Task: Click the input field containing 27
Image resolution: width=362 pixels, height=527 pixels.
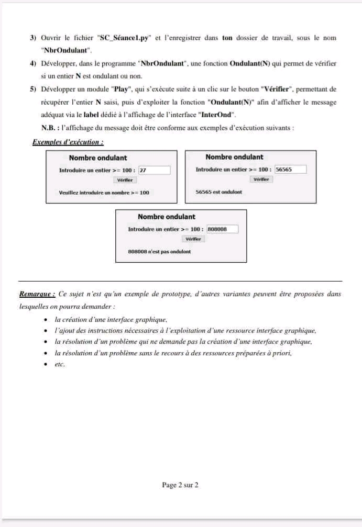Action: pyautogui.click(x=155, y=170)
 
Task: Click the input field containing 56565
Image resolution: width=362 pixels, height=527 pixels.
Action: pyautogui.click(x=290, y=170)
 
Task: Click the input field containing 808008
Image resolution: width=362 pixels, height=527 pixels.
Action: pyautogui.click(x=222, y=229)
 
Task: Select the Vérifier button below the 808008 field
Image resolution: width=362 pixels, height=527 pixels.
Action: pyautogui.click(x=193, y=239)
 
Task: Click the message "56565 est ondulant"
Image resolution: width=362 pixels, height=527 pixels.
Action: pyautogui.click(x=218, y=192)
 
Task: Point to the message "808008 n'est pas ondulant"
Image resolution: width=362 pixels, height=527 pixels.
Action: pyautogui.click(x=159, y=252)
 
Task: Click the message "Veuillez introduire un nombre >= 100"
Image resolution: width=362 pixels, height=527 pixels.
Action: pyautogui.click(x=104, y=193)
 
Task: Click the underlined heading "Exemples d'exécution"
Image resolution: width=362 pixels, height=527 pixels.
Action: pyautogui.click(x=68, y=142)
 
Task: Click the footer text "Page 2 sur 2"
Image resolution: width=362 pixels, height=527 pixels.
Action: pyautogui.click(x=180, y=485)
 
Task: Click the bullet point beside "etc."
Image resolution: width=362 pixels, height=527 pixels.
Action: pyautogui.click(x=47, y=365)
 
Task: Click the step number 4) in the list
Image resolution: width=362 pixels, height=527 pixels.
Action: pyautogui.click(x=33, y=64)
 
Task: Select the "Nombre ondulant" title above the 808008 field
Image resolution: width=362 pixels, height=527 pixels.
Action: pyautogui.click(x=166, y=217)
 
